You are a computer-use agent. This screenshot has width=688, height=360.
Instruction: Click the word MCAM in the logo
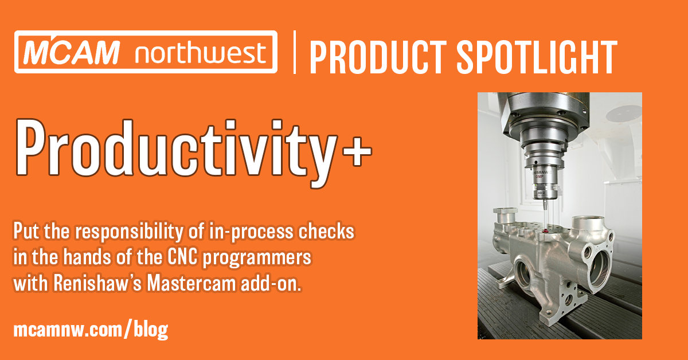coord(71,52)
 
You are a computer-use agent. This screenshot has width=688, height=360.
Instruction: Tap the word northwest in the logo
coord(201,53)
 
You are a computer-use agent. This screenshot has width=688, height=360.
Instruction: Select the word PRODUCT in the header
coord(378,57)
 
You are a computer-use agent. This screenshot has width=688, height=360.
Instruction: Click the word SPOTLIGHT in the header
coord(537,57)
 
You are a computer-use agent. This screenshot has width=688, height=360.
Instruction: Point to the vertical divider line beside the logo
coord(295,52)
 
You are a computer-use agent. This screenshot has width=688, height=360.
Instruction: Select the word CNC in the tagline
coord(182,257)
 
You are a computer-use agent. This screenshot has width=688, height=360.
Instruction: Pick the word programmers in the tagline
coord(257,259)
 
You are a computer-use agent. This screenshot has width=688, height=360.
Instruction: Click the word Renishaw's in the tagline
coord(97,284)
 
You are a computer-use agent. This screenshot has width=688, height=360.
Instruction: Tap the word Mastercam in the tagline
coord(191,284)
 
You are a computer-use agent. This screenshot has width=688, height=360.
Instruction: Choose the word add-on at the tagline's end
coord(271,284)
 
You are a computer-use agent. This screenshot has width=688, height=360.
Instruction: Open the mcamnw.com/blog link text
coord(91,330)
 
